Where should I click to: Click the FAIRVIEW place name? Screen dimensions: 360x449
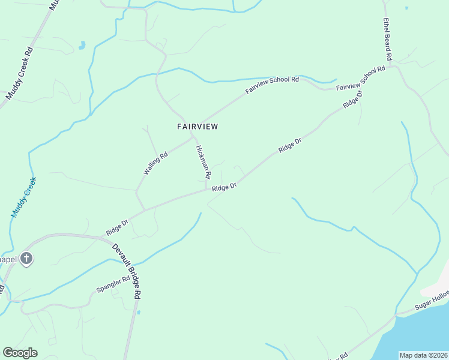click(x=197, y=127)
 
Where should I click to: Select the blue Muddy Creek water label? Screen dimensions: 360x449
click(x=23, y=197)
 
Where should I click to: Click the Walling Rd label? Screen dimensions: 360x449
click(x=155, y=163)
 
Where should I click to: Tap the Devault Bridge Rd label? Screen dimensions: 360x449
click(x=127, y=271)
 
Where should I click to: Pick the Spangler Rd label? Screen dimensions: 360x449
click(x=113, y=284)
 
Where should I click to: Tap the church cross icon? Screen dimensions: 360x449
click(x=26, y=259)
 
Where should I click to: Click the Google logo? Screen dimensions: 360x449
click(x=20, y=353)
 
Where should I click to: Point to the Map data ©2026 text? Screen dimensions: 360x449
click(x=423, y=355)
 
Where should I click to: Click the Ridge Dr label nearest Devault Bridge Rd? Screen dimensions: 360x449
click(x=117, y=227)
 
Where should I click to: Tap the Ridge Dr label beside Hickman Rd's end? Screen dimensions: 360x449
click(x=224, y=187)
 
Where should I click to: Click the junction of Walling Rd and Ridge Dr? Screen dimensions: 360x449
click(x=145, y=210)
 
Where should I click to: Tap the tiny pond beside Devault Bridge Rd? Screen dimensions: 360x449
click(x=139, y=312)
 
